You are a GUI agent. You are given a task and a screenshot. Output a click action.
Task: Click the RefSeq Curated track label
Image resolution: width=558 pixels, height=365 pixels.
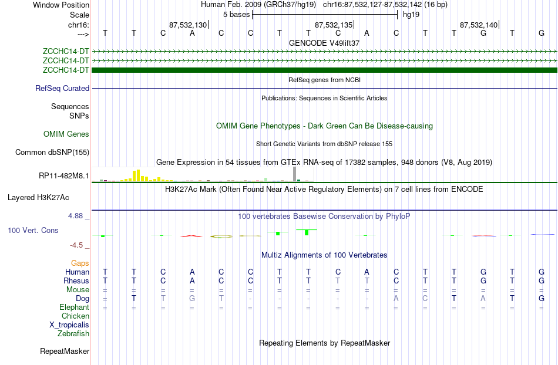(62, 89)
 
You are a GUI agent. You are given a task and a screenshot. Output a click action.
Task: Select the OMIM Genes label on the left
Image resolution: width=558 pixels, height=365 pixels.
(66, 134)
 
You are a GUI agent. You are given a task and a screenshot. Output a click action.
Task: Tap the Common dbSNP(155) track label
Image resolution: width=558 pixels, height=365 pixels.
(52, 153)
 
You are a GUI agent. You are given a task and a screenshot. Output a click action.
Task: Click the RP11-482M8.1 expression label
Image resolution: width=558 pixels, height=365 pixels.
(64, 175)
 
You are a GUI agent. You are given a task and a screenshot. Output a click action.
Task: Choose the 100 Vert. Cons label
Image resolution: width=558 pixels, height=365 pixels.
(33, 231)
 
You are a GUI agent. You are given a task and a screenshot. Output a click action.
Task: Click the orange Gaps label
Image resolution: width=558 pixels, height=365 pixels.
(80, 263)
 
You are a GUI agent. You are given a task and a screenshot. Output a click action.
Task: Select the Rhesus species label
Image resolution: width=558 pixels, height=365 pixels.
(76, 281)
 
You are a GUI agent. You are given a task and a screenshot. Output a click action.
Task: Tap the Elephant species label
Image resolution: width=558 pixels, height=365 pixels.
(74, 307)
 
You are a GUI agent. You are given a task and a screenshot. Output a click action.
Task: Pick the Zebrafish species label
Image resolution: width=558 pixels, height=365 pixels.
(73, 334)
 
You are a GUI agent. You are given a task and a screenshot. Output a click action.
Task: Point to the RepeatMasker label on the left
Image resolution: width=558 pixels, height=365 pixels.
(65, 352)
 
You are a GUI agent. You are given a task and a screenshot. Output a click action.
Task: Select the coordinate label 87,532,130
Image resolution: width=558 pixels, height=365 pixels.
(187, 25)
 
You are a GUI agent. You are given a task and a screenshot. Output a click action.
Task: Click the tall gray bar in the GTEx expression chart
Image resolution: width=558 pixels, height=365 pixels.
(294, 174)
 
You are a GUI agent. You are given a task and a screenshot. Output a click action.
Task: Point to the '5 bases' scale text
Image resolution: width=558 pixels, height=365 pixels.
(236, 14)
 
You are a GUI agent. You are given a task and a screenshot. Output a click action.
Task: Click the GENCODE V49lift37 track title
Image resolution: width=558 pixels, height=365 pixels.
(324, 43)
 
